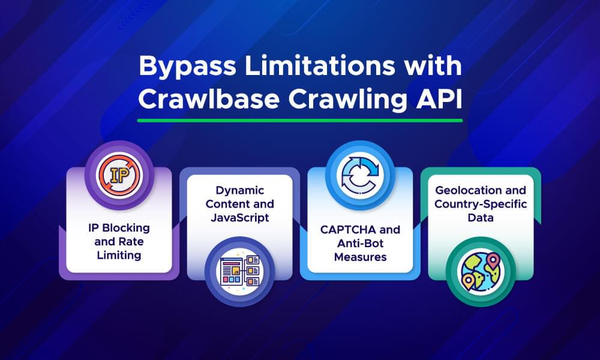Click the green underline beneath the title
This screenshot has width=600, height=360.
pyautogui.click(x=299, y=120)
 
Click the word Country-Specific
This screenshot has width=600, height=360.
pyautogui.click(x=480, y=204)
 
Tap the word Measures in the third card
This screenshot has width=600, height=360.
pyautogui.click(x=359, y=257)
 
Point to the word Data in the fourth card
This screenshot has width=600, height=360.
pyautogui.click(x=480, y=218)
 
